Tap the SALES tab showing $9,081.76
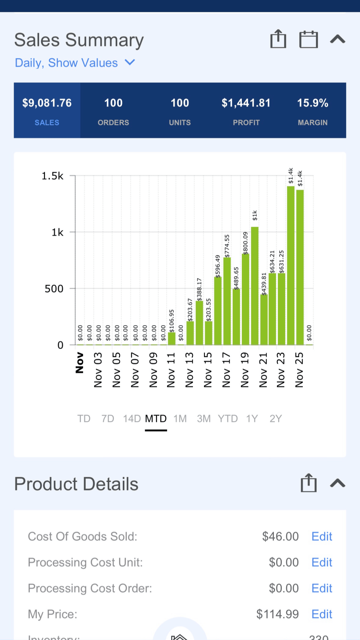point(47,110)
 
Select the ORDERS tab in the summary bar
point(113,110)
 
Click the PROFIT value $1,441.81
point(246,103)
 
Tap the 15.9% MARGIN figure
point(313,103)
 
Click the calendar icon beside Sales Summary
point(308,39)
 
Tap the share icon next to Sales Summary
point(278,39)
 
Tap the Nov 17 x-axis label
point(226,370)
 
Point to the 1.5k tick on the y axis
point(53,176)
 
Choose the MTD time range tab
point(156,419)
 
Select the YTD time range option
point(228,419)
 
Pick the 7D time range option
point(108,419)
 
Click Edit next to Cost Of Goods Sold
point(322,536)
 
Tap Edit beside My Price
point(322,614)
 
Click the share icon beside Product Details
point(308,483)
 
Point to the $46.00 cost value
point(280,536)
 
